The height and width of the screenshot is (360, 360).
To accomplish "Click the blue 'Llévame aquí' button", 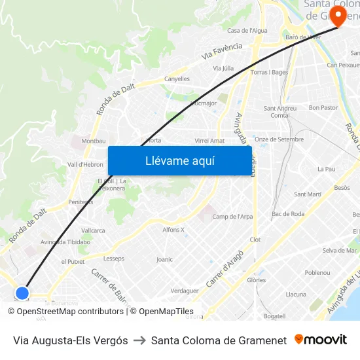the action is (179, 160).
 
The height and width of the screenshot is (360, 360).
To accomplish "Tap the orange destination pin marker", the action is (338, 16).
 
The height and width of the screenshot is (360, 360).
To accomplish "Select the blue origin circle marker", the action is (22, 293).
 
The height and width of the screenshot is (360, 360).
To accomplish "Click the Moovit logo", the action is (321, 340).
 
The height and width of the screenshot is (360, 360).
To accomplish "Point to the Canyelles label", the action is (177, 79).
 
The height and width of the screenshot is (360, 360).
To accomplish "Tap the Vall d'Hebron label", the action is (85, 164).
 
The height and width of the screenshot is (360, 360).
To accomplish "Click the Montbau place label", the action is (93, 141).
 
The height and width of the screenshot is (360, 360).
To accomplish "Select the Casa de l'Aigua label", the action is (247, 31).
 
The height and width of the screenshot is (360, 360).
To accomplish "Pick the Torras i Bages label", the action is (269, 72).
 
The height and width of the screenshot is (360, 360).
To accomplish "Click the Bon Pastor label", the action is (323, 107).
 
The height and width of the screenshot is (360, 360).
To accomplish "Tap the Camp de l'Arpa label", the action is (232, 217).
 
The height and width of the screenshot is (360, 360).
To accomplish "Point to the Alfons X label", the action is (173, 229).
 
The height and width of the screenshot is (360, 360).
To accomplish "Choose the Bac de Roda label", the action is (288, 214).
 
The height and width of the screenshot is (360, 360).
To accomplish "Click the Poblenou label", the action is (317, 272).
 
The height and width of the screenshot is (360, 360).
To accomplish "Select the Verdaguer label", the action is (184, 291).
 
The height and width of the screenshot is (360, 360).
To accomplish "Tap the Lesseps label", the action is (114, 259).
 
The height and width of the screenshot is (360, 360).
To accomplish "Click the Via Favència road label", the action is (223, 51).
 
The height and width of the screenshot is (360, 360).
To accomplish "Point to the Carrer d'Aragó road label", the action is (225, 269).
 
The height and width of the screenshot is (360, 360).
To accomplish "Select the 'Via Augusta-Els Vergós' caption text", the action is (71, 340).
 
